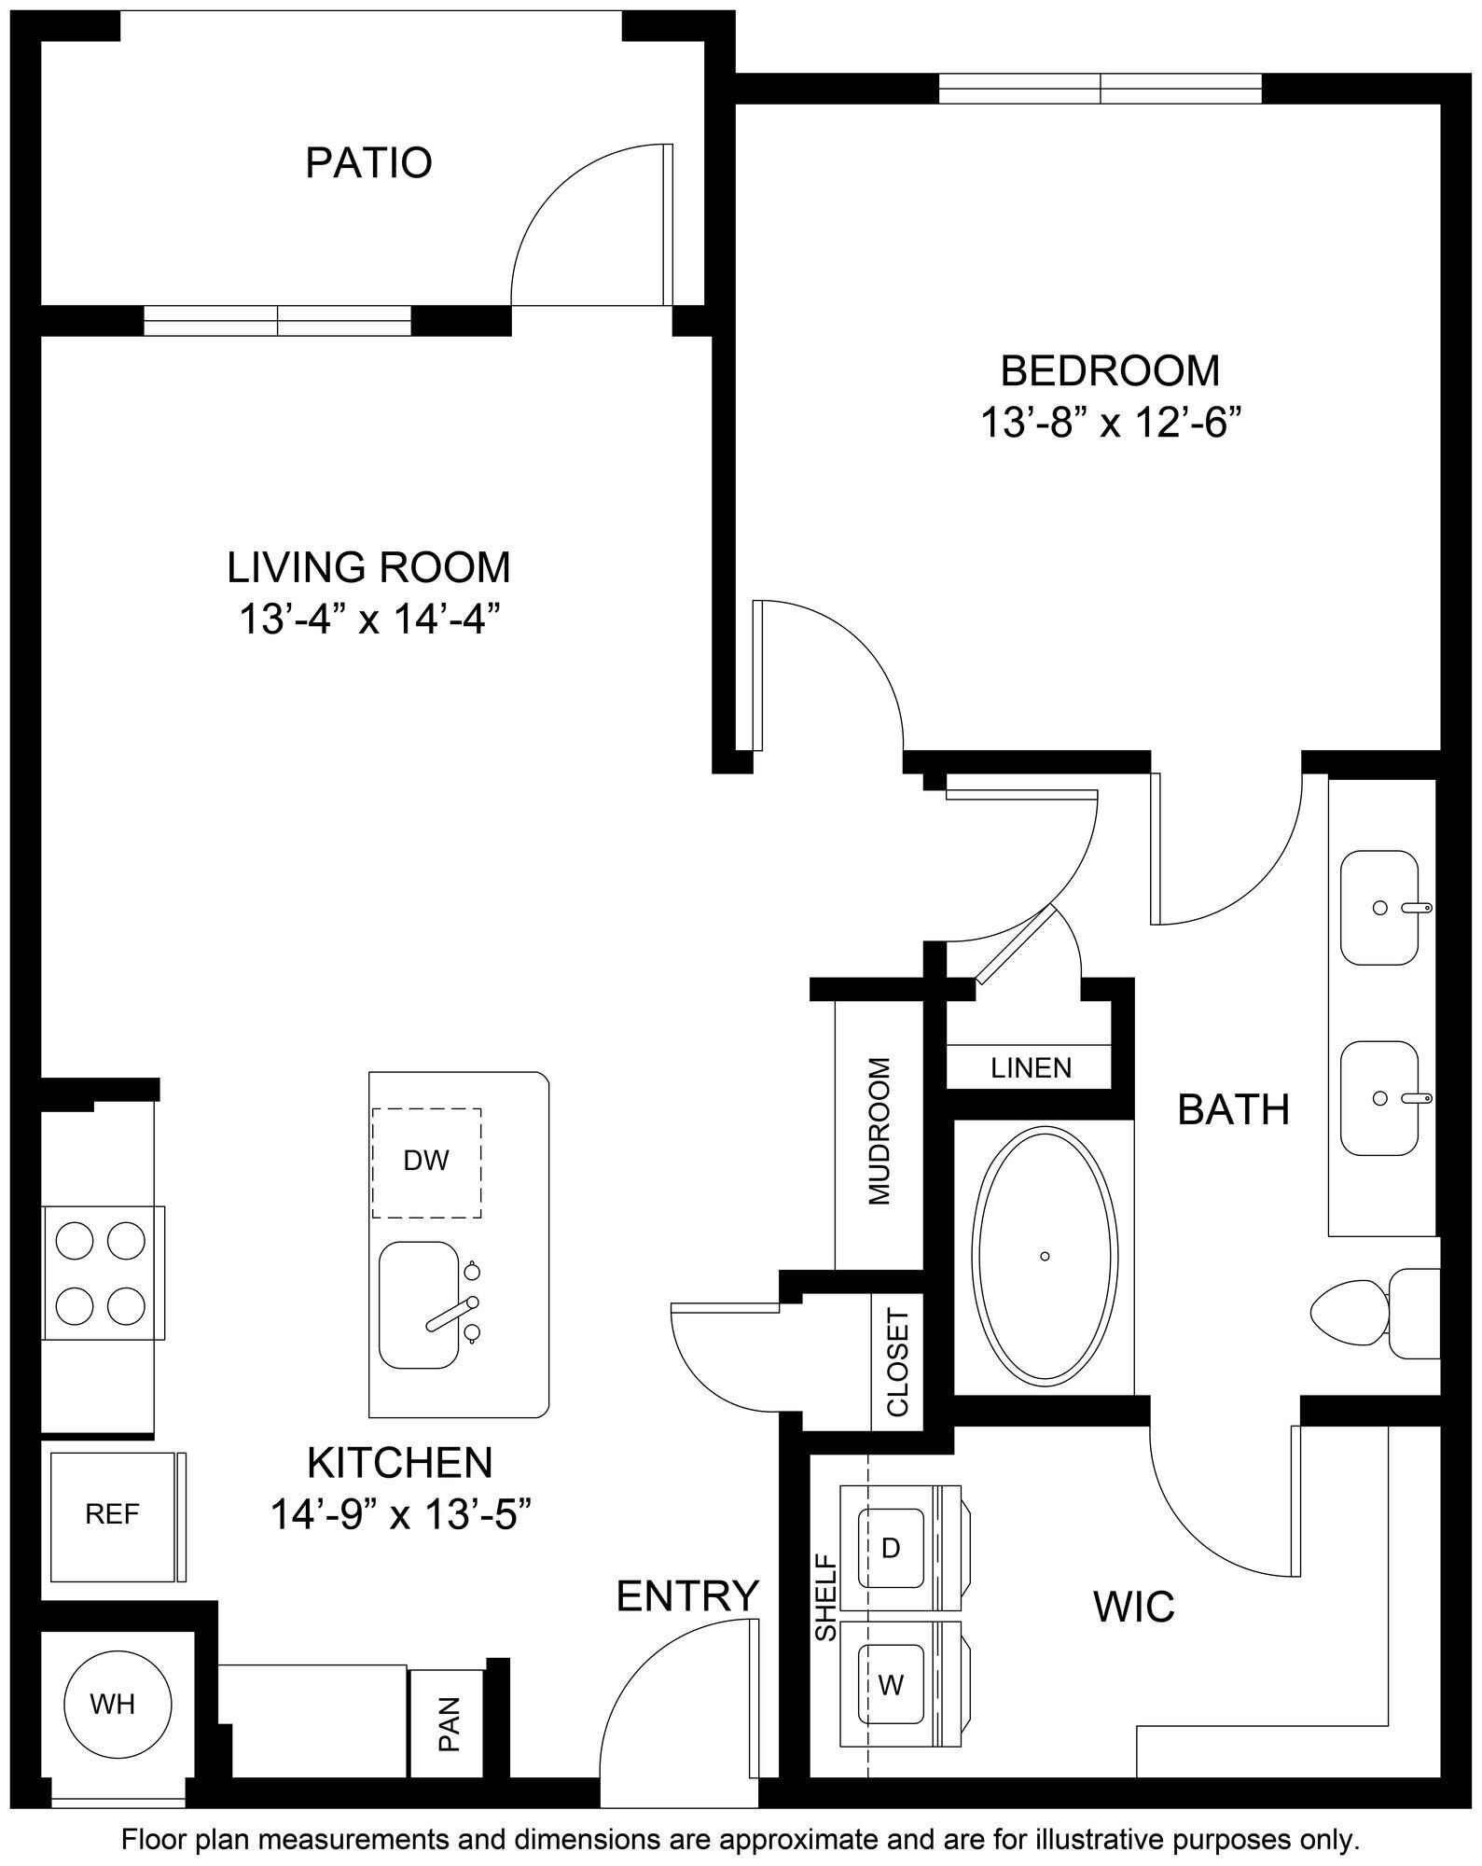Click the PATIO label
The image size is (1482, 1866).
(x=368, y=162)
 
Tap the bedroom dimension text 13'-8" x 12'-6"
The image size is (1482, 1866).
(x=1113, y=423)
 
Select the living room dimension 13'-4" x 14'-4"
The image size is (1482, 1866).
(x=368, y=619)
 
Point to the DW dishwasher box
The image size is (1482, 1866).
(x=426, y=1161)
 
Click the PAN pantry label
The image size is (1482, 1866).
(x=449, y=1723)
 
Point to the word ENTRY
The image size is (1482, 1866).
(x=688, y=1595)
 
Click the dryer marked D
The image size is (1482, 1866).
(x=892, y=1548)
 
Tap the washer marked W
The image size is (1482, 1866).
(x=892, y=1685)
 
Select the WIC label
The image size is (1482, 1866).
(x=1133, y=1607)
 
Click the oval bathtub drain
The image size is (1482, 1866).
(x=1046, y=1257)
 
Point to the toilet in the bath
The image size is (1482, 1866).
(x=1371, y=1314)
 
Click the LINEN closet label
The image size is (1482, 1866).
(x=1031, y=1067)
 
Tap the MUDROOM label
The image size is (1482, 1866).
(x=879, y=1132)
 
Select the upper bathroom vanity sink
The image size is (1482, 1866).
(x=1379, y=907)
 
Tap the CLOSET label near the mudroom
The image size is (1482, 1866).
(x=897, y=1363)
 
